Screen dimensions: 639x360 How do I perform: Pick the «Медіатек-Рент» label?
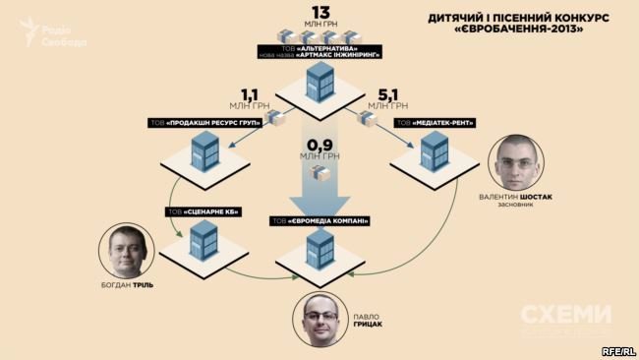(436, 123)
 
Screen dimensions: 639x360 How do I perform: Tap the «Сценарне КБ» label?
(202, 212)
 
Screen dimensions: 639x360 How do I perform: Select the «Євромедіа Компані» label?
(319, 220)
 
